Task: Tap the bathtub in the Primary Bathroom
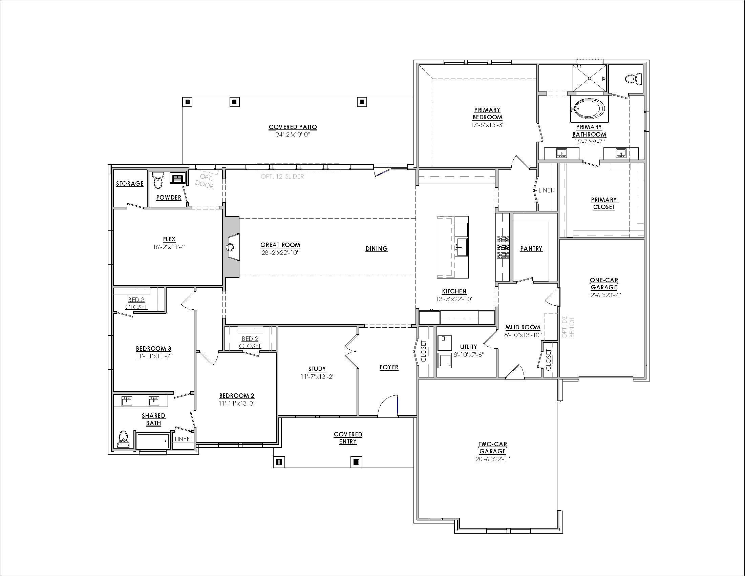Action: (590, 108)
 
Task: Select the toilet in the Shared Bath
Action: (123, 439)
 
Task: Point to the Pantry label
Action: (531, 249)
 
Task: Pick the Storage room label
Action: (130, 184)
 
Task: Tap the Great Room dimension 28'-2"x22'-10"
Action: (280, 253)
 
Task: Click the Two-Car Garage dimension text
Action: (493, 459)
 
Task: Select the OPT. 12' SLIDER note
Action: (282, 177)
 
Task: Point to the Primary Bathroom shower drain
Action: (590, 79)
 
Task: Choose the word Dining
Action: (377, 249)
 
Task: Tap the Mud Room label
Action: (523, 327)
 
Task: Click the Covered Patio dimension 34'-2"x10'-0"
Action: (293, 135)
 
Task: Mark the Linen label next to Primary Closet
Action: (547, 190)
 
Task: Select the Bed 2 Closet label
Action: (250, 342)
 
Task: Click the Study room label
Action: (317, 369)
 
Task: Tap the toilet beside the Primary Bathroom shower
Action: (634, 79)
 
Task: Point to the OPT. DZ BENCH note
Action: (569, 328)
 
